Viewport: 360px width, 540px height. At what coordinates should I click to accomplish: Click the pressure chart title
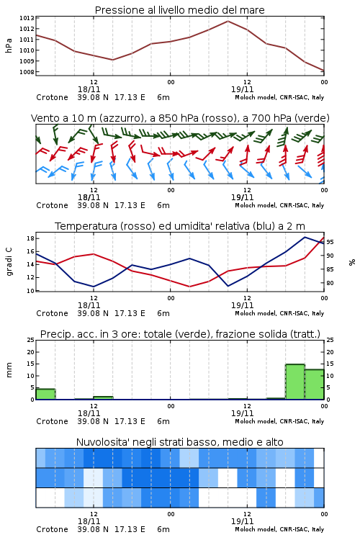pos(179,10)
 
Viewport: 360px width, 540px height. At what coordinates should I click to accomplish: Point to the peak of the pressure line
pos(228,21)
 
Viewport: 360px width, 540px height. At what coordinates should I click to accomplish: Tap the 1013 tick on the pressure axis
pos(27,18)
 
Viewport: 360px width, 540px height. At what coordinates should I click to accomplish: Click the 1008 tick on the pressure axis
pos(27,72)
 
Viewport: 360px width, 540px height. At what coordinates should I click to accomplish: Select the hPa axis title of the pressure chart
pos(9,45)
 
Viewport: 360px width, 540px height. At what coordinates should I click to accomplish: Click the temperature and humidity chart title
pos(179,226)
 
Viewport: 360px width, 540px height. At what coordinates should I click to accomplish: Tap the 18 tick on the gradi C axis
pos(30,238)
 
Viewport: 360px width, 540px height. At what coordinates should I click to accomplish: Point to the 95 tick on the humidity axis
pos(330,242)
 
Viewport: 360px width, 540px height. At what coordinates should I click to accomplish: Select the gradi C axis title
pos(9,262)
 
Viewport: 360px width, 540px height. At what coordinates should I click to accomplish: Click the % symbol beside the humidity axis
pos(352,262)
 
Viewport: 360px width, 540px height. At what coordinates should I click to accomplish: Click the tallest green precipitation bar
pos(295,382)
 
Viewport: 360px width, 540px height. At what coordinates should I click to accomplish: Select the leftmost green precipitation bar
pos(45,394)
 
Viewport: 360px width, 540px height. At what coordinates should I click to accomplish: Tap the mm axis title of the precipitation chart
pos(9,370)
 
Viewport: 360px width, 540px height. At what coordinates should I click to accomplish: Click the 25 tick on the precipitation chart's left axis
pos(30,340)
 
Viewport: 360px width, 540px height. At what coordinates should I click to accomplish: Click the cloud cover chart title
pos(179,442)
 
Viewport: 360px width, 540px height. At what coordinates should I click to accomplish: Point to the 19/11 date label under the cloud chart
pos(242,521)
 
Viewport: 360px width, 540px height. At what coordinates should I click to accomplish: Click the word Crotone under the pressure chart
pos(52,97)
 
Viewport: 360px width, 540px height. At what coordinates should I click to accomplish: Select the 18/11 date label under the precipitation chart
pos(89,413)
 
